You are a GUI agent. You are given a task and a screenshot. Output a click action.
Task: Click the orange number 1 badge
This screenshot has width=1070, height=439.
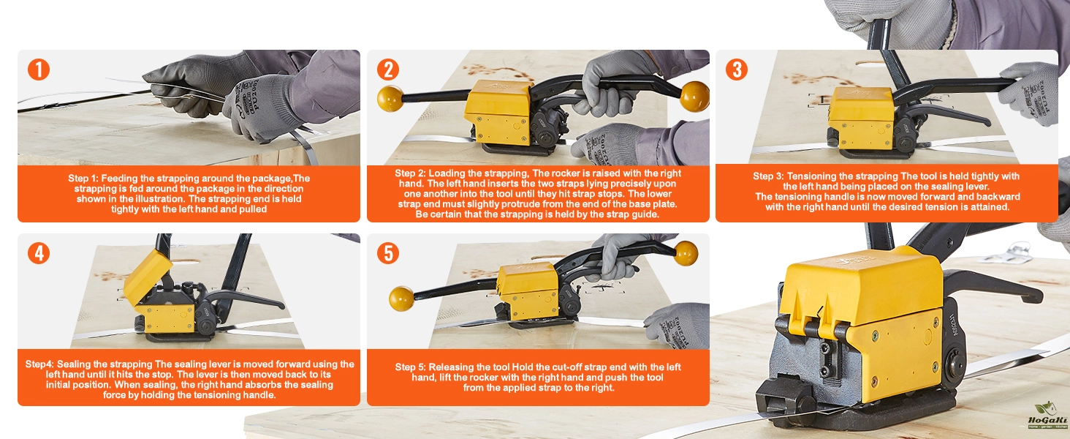pos(39,70)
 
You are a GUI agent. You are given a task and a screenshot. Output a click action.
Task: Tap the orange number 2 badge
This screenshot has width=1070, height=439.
pos(388,70)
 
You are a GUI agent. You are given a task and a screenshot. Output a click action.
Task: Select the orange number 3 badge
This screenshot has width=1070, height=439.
pos(737,70)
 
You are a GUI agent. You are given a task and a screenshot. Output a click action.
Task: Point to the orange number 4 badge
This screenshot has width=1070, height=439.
pos(39,253)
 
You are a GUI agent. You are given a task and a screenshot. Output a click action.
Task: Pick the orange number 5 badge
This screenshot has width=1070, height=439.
pos(388,253)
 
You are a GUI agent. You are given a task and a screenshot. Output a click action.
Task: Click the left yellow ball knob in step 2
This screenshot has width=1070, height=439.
pos(390,99)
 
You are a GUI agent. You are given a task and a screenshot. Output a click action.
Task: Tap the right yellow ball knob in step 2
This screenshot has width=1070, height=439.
pos(694,96)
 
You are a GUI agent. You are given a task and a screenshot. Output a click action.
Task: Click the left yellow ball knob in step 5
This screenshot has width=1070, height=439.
pos(401,299)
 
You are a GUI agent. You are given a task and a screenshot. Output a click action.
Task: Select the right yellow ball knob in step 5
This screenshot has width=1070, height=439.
pos(685,253)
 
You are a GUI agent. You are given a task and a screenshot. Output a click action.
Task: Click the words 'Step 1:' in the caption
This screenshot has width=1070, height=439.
pos(83,179)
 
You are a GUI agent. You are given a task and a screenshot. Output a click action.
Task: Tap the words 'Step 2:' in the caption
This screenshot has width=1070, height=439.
pos(410,173)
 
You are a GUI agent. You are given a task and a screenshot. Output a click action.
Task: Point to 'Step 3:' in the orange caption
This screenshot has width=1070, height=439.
pos(769,176)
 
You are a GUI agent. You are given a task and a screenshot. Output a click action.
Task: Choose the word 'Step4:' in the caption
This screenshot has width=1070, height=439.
pos(39,364)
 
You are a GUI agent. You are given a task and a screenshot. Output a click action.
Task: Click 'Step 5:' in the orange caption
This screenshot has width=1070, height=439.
pos(410,367)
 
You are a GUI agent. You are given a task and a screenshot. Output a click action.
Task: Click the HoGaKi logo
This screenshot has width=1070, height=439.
pos(1047,415)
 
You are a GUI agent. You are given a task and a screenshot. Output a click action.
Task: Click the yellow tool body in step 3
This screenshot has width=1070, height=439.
pos(861,117)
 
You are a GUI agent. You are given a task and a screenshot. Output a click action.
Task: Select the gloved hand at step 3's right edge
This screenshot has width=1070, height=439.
pos(1031,92)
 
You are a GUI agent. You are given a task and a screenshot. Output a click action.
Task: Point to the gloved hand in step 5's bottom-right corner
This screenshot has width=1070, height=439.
pos(678,325)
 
